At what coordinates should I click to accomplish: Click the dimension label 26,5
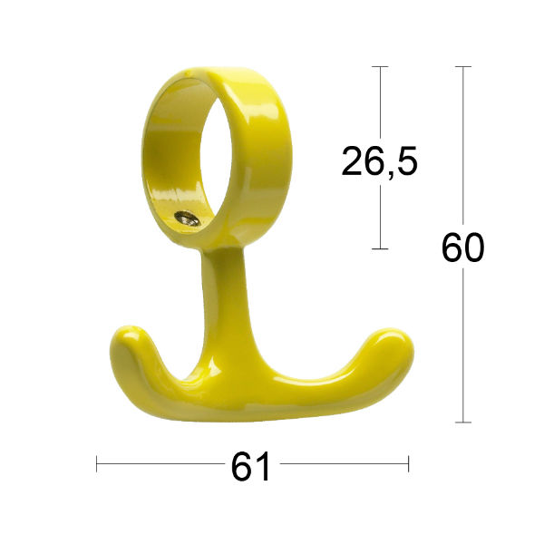click(x=379, y=161)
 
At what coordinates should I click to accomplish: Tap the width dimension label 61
click(x=251, y=467)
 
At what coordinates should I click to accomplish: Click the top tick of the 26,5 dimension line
click(x=380, y=66)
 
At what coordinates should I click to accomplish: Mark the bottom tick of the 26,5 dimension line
click(x=380, y=248)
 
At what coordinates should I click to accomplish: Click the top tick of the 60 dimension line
click(x=463, y=66)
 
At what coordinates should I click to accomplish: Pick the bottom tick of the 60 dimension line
click(x=463, y=422)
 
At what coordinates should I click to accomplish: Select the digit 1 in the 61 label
click(x=264, y=467)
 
